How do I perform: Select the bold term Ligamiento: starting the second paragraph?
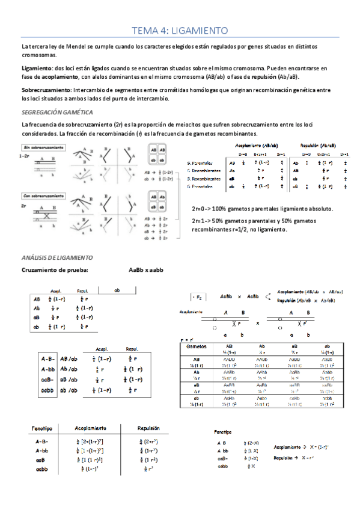[x=37, y=69]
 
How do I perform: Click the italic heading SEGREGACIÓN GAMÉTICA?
[x=56, y=112]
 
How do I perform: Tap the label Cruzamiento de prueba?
[x=55, y=269]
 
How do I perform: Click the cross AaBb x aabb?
[x=150, y=269]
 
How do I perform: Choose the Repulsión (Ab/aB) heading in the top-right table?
[x=318, y=146]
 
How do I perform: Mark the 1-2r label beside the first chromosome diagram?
[x=25, y=155]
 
